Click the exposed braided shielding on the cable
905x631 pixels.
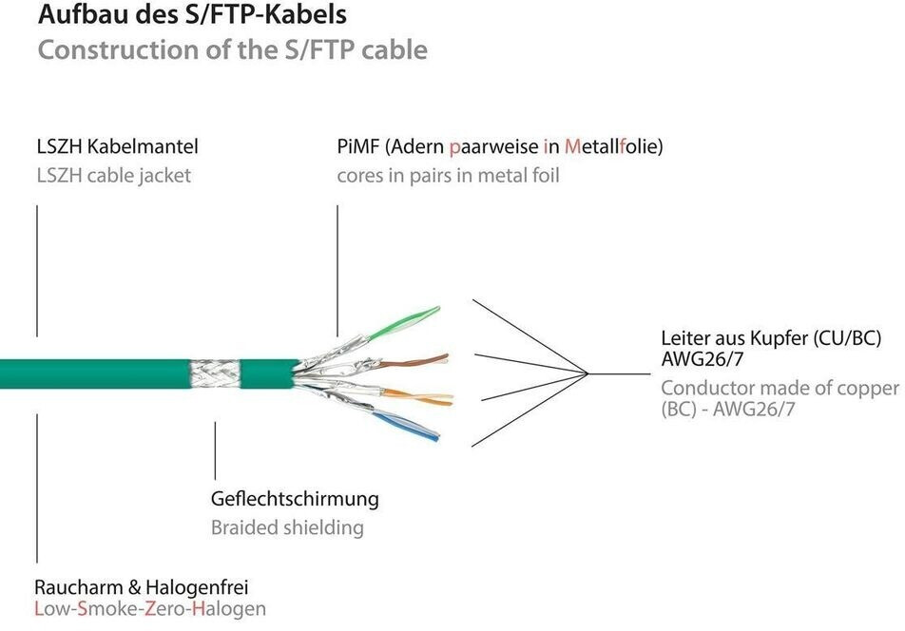point(217,374)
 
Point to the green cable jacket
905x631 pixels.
point(95,374)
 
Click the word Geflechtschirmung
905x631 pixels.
point(294,499)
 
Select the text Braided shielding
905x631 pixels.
point(286,527)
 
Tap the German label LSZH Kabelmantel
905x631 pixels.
point(117,147)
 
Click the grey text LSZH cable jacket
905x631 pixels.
point(113,176)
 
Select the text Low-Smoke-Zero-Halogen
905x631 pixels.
point(149,609)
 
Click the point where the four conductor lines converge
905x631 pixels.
point(589,373)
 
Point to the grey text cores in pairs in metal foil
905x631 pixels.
point(448,176)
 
